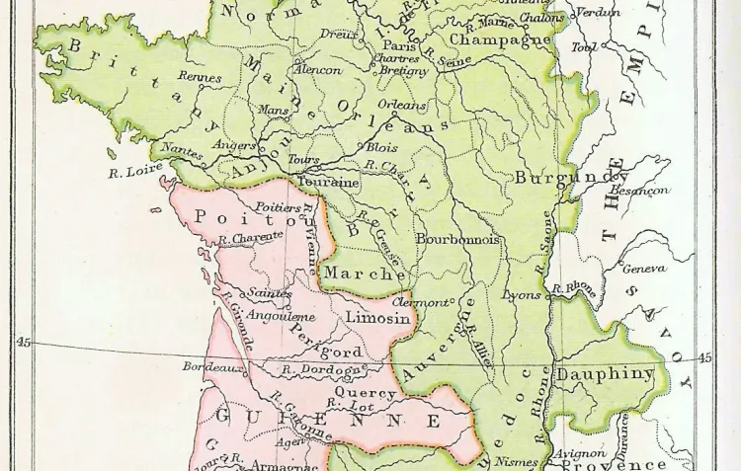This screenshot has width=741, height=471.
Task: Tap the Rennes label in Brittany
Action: pos(200,76)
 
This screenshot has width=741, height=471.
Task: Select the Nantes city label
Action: pos(182,151)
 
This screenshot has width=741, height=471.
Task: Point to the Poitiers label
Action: pos(278,207)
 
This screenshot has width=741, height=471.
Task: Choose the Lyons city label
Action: pos(522,295)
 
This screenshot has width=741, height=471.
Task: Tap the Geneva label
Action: pos(643,269)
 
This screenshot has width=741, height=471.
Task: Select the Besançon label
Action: pos(639,190)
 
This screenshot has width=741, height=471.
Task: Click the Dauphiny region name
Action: pos(605,374)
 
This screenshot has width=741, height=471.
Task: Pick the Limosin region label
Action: pos(377,318)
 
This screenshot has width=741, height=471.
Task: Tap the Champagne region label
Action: pos(500,40)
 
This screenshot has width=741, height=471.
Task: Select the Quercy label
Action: pos(365,392)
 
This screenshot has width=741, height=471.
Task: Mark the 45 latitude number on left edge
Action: pos(24,342)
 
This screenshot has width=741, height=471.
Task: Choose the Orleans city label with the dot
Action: pos(402,105)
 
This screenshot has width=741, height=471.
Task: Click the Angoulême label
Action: pos(280,316)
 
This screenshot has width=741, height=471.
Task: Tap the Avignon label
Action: pos(580,454)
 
